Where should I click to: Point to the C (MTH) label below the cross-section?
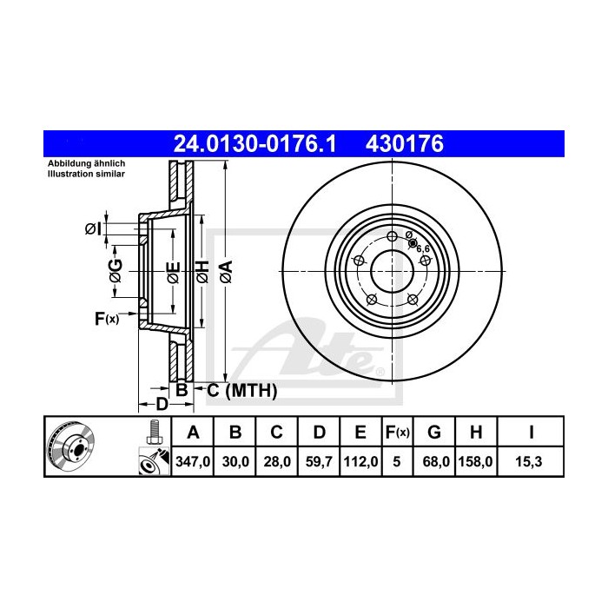tap(241, 392)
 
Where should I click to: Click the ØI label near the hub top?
tap(93, 228)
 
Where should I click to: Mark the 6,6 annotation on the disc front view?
tap(424, 248)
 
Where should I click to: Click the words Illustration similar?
tap(86, 174)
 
